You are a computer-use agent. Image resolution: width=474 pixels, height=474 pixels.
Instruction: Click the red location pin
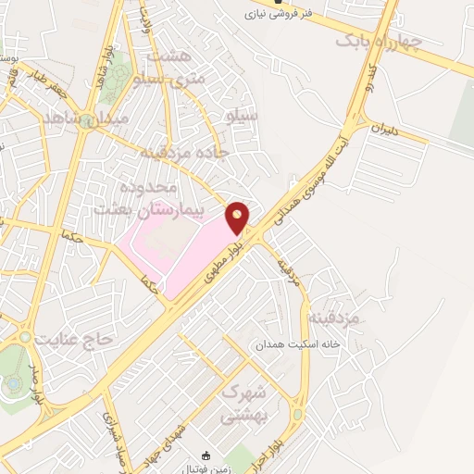click(x=238, y=217)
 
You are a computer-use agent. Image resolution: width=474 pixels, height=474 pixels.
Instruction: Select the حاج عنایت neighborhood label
click(x=73, y=340)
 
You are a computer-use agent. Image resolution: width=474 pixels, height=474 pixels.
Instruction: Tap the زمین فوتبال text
click(x=206, y=468)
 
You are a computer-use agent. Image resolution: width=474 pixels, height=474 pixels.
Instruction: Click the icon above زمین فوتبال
click(x=206, y=455)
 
